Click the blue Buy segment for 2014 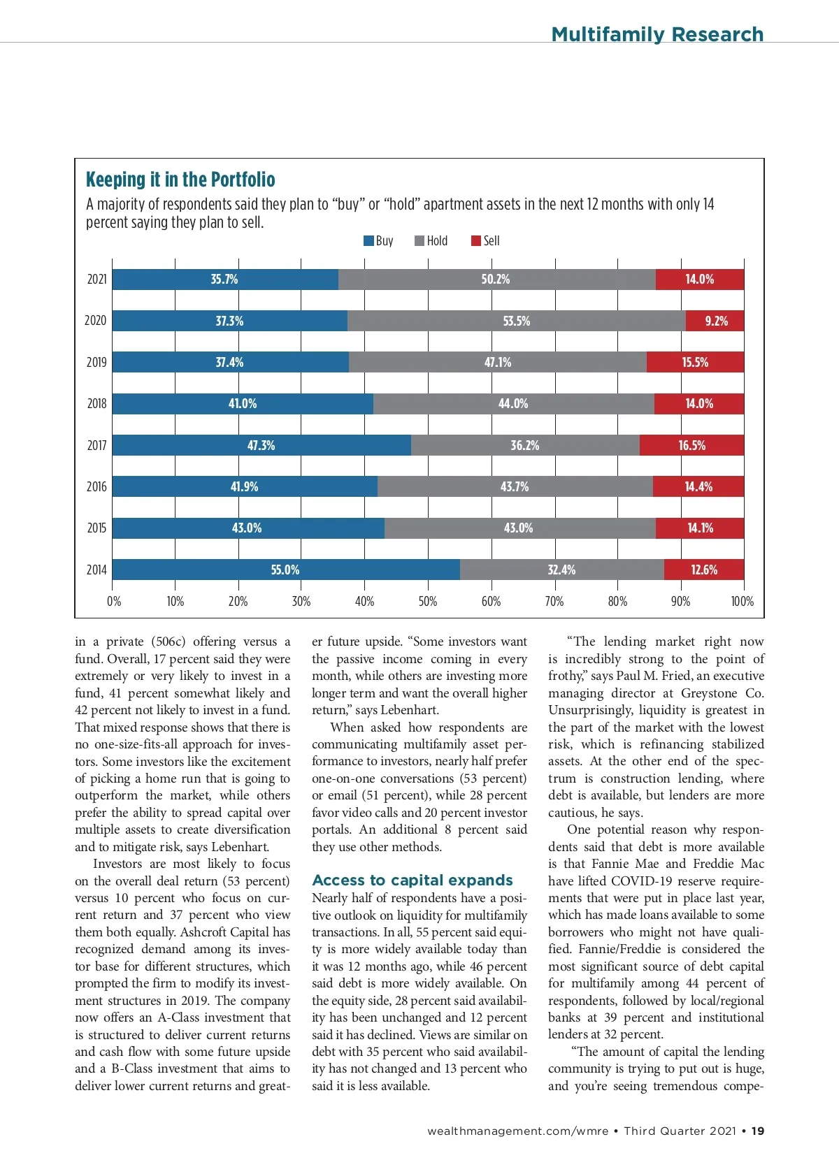(x=210, y=570)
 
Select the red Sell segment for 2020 (x=715, y=321)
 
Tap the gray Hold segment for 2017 (x=525, y=445)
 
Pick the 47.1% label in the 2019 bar (x=498, y=362)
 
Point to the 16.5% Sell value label (x=692, y=445)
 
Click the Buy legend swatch (x=368, y=241)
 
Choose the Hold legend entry (x=431, y=241)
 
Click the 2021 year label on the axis (x=96, y=280)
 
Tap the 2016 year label (x=96, y=486)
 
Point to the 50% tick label (x=428, y=602)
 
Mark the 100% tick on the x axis (x=743, y=602)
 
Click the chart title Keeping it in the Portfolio (x=180, y=180)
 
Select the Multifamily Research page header (x=657, y=34)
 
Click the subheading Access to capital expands (x=413, y=880)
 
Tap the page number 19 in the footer (x=758, y=1131)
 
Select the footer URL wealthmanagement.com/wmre (x=518, y=1131)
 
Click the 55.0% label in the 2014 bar (x=285, y=570)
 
